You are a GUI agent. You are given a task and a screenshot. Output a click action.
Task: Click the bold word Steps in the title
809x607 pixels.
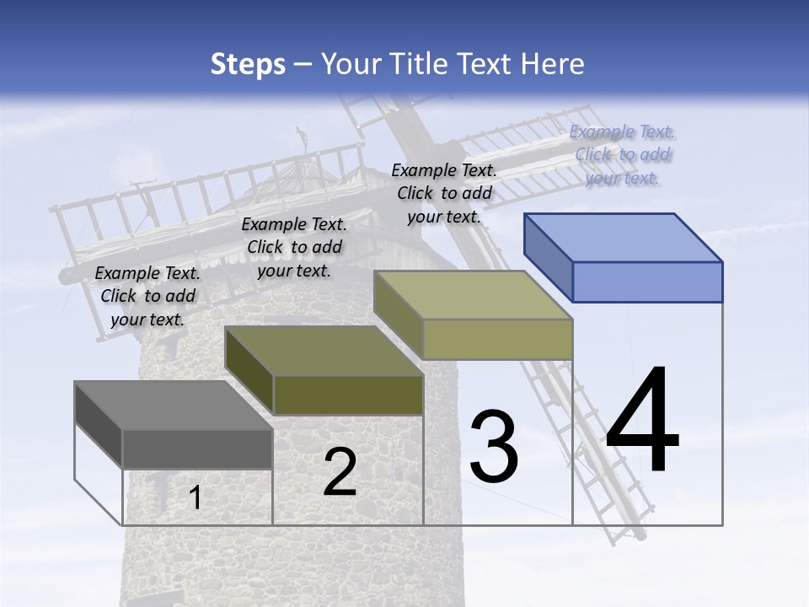pos(248,64)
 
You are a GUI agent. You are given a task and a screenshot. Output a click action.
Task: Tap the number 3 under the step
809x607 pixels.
pos(494,447)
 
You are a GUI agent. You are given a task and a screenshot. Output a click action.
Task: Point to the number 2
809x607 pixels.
pos(340,472)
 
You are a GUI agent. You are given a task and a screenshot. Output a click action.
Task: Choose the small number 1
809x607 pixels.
pos(195,497)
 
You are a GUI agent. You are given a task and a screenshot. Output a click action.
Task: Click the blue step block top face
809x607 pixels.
pos(624,238)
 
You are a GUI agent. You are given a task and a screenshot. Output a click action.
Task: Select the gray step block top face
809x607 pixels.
pos(174,406)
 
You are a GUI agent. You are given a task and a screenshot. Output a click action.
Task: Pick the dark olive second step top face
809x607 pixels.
pos(324,351)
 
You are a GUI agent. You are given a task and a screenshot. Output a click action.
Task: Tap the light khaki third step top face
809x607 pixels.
pos(474,295)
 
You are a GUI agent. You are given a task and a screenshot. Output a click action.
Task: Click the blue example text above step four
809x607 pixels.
pos(623,154)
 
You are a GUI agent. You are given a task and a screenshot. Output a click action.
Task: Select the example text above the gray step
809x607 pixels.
pos(148,296)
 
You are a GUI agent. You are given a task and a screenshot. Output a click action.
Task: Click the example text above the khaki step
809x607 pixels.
pos(444,193)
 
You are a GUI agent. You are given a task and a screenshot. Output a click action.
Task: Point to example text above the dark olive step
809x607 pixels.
pos(294,247)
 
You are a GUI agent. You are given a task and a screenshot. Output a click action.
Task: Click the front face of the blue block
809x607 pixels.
pos(647,282)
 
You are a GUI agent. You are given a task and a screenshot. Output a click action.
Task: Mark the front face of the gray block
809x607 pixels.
pos(197,449)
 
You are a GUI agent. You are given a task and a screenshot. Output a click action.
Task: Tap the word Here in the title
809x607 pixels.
pos(554,64)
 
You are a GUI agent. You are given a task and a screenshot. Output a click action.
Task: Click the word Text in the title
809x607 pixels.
pos(491,64)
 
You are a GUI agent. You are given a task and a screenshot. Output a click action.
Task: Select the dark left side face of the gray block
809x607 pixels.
pos(99,425)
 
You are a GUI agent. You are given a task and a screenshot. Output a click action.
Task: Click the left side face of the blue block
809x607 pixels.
pos(548,258)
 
